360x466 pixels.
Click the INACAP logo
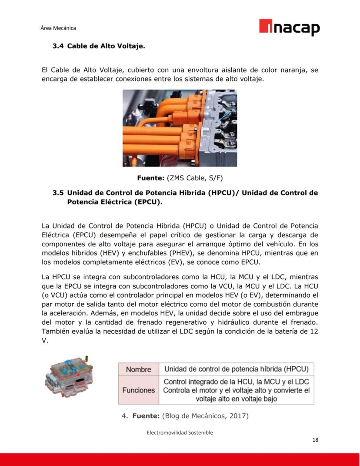289,27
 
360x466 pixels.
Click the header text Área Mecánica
58,28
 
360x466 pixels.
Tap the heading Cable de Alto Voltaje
106,46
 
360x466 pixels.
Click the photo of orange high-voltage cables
180,128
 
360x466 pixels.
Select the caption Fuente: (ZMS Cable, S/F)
180,178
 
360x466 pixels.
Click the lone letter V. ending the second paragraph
45,341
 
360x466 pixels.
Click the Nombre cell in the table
138,369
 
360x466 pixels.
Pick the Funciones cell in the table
138,390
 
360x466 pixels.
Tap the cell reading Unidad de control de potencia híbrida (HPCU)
236,369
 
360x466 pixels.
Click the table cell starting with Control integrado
236,390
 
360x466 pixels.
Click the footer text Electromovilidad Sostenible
180,432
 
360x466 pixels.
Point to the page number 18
315,439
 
